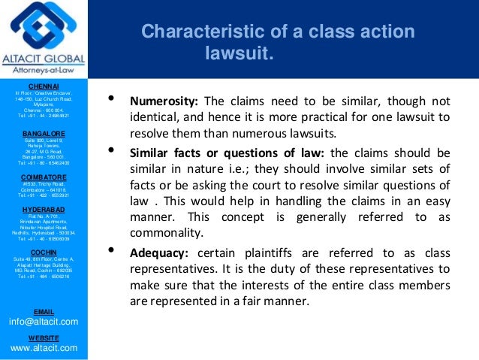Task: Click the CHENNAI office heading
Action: (44, 86)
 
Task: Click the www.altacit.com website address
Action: (44, 349)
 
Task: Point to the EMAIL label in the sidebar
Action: (44, 310)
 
